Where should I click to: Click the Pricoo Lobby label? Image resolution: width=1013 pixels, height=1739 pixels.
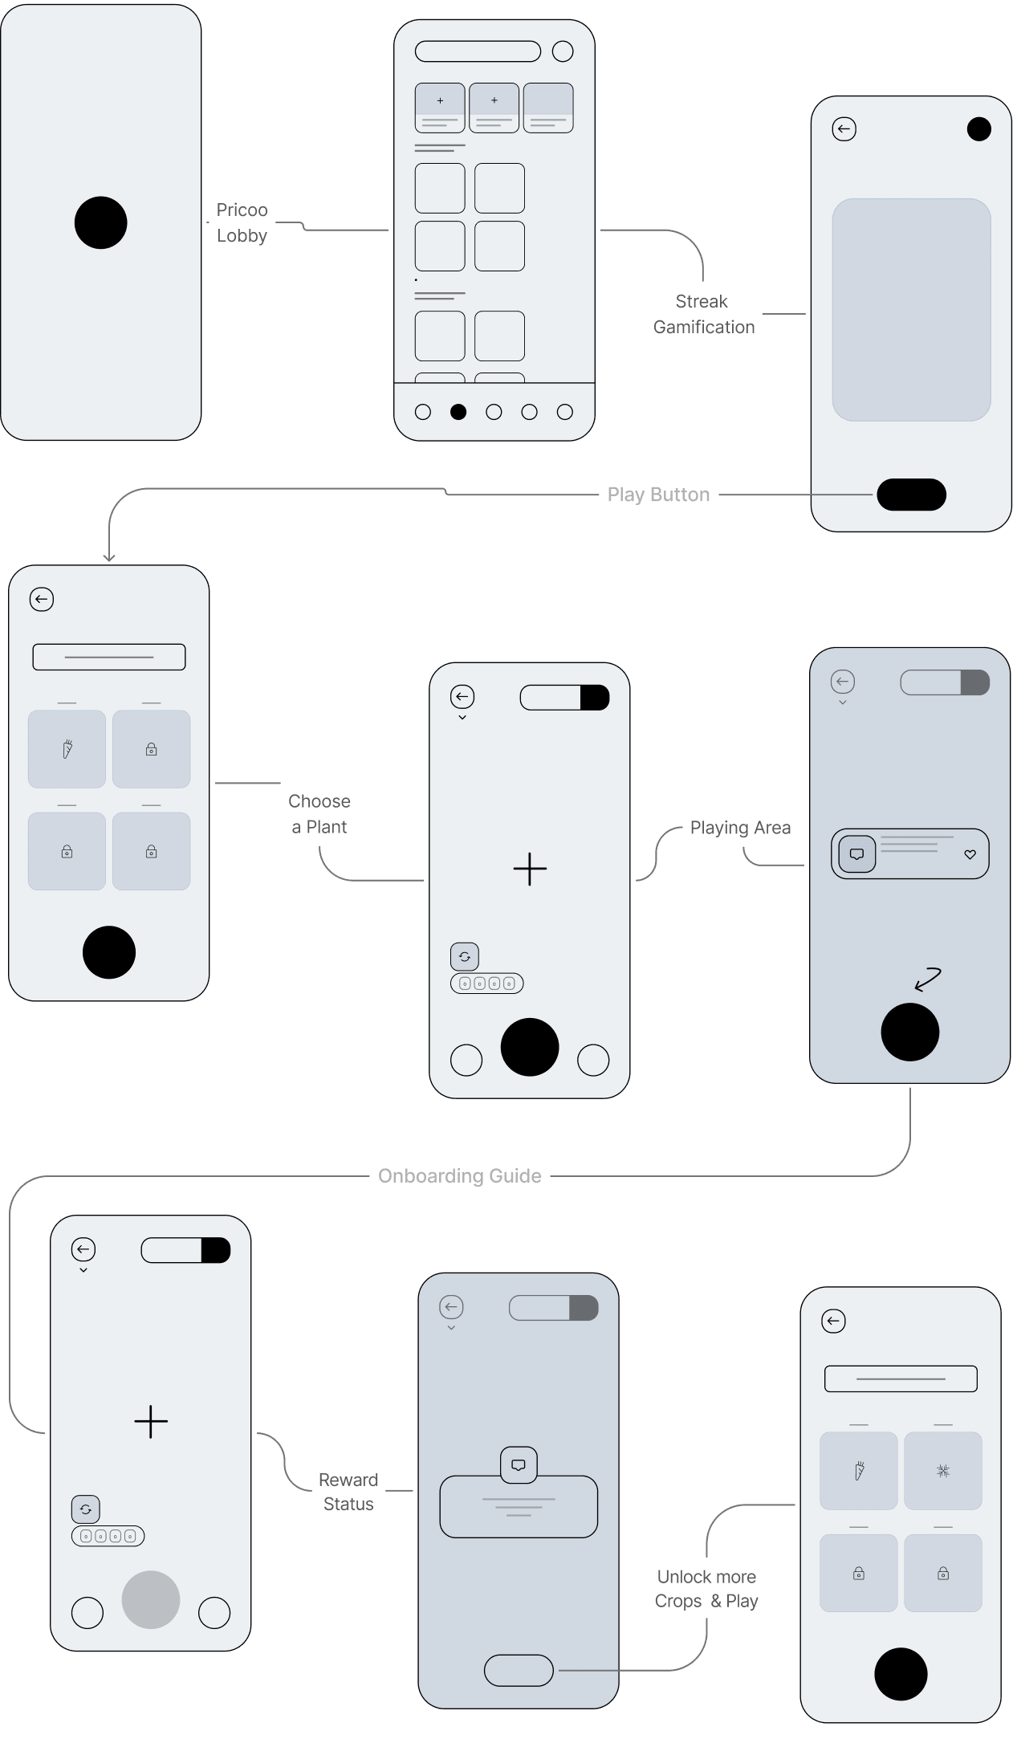[242, 222]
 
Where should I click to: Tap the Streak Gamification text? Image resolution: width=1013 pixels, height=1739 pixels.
[704, 314]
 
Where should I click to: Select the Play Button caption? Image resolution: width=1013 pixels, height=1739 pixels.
[658, 495]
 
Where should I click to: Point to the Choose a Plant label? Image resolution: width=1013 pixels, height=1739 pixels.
[319, 814]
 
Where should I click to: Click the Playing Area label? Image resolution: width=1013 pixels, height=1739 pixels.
[740, 828]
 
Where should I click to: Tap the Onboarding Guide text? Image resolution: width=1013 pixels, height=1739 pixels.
[460, 1176]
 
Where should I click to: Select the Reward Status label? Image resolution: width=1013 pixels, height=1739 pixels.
[348, 1492]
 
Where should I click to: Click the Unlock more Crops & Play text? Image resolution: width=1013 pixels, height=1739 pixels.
[706, 1589]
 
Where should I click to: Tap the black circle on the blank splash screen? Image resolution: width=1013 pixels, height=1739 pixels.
[100, 222]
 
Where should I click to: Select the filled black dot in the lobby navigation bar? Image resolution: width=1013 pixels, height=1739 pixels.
[458, 412]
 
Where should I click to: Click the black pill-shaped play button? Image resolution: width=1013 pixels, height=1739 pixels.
[911, 495]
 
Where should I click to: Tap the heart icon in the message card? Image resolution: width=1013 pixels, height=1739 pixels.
[970, 854]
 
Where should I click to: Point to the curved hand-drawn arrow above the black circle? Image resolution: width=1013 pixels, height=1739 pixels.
[929, 979]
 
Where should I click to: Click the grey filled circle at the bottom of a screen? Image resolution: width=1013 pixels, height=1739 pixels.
[151, 1599]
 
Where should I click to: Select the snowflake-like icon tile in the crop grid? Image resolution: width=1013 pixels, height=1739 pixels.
[943, 1471]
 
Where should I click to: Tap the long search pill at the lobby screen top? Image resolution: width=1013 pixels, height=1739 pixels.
[478, 51]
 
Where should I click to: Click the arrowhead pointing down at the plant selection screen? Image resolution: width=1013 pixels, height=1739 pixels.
[109, 557]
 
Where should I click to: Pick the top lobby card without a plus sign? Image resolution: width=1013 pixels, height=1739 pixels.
[548, 108]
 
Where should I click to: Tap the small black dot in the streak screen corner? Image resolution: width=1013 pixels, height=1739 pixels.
[978, 129]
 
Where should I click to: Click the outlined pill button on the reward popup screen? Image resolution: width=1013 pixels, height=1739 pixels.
[519, 1671]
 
